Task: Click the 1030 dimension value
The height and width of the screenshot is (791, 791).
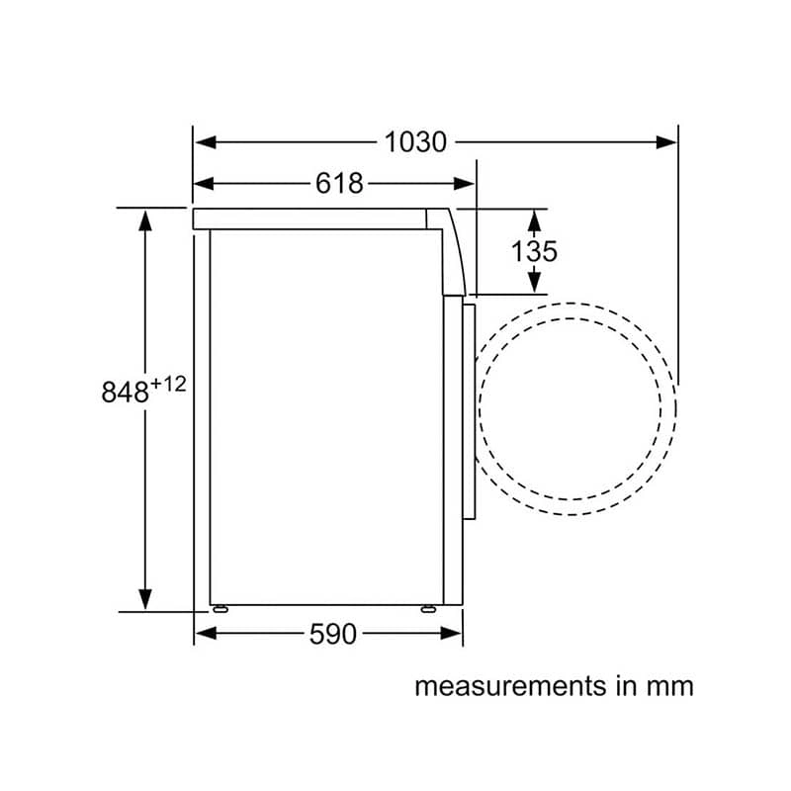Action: coord(415,142)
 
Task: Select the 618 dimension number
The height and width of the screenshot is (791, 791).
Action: coord(339,184)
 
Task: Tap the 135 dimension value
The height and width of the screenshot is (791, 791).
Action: coord(534,251)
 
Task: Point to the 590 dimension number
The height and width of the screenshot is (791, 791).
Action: coord(333,634)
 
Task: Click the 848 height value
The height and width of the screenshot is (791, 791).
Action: coord(126,392)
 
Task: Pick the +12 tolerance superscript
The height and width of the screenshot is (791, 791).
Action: coord(168,385)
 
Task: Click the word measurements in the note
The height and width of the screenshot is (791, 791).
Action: coord(510,686)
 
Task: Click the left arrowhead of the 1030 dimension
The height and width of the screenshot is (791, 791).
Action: coord(206,142)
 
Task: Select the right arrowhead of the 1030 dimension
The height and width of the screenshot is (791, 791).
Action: coord(665,142)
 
